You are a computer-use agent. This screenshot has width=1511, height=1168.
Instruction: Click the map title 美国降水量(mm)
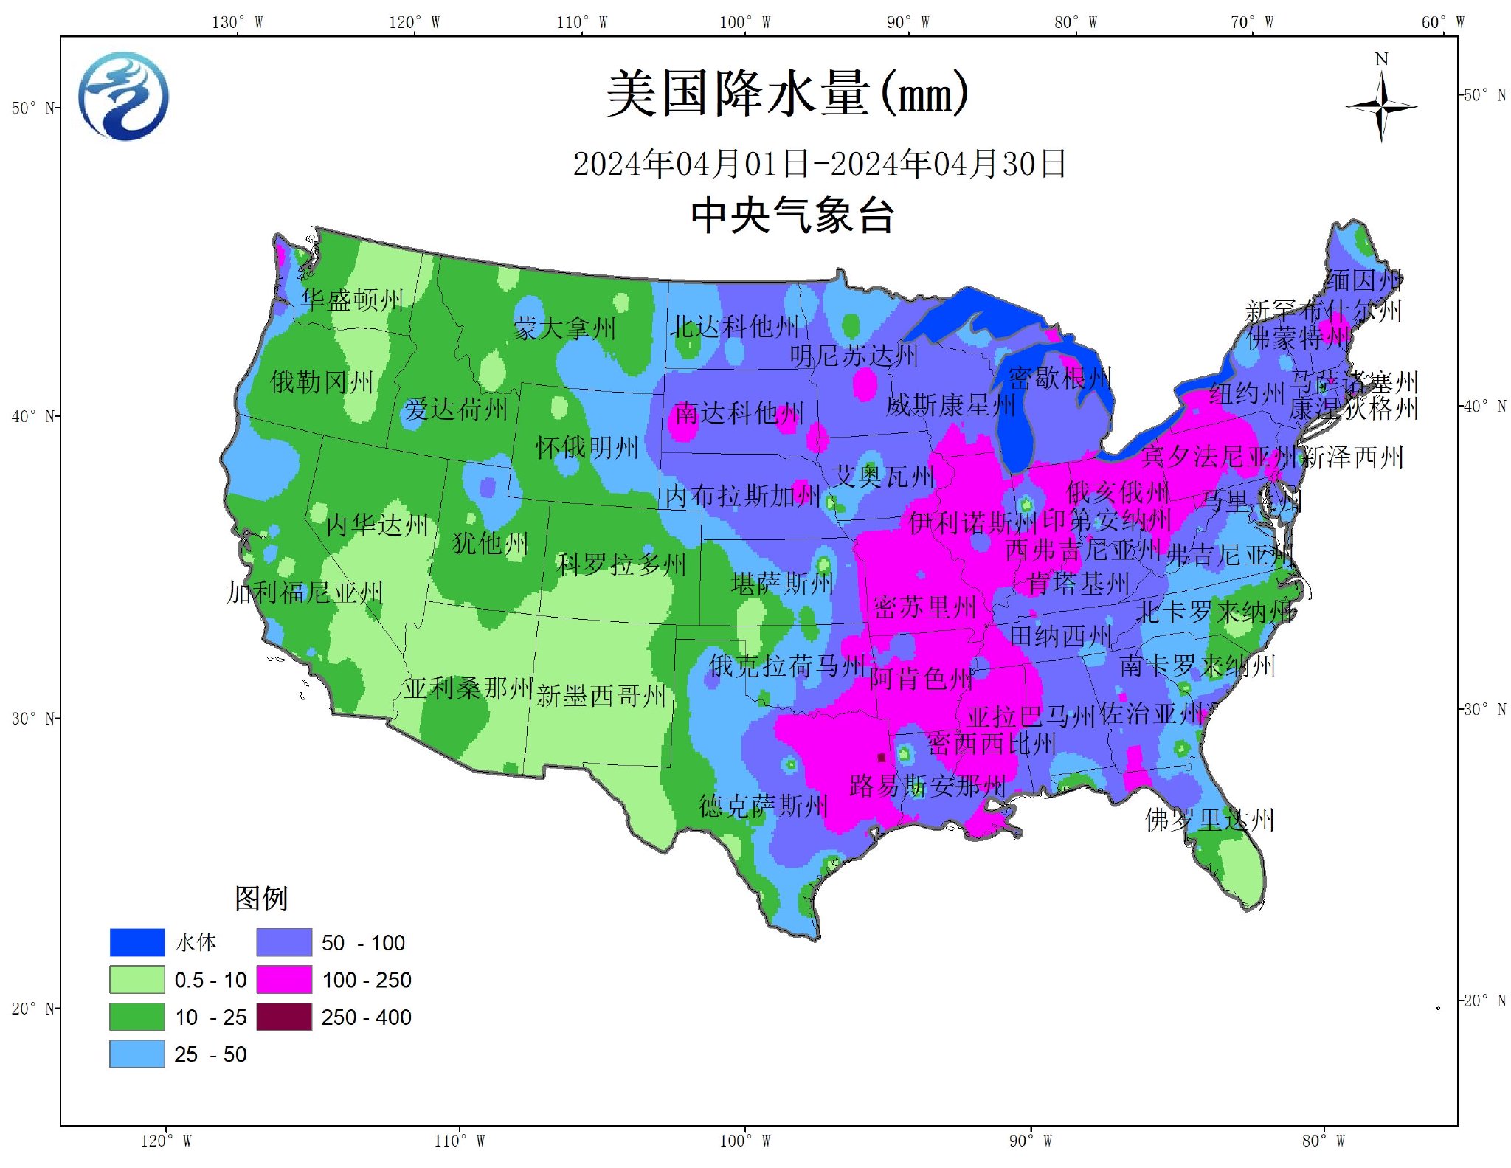787,94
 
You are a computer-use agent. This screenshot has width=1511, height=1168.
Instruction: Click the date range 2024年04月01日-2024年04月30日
819,164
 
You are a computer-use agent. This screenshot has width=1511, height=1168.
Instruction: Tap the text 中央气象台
793,216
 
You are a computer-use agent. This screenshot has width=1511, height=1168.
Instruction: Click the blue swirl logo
123,96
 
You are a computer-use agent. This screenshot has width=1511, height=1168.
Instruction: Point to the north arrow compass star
1381,108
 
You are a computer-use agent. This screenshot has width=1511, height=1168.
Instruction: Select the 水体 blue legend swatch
137,942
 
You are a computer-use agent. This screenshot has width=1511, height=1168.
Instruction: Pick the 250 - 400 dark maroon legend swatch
284,1017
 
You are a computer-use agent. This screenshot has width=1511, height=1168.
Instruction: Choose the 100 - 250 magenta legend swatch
284,980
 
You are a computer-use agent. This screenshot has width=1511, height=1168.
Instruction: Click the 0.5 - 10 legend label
210,981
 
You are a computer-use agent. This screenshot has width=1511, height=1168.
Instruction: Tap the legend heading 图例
260,898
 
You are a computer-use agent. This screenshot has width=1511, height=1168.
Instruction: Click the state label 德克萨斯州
764,806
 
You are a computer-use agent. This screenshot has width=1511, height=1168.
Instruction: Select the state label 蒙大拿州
564,328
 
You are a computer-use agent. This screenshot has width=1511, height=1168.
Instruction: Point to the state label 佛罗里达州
1209,820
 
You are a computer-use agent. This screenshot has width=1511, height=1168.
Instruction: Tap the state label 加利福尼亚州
304,592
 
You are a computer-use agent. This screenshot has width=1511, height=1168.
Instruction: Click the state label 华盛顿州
352,300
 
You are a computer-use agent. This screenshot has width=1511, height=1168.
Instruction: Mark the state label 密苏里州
925,608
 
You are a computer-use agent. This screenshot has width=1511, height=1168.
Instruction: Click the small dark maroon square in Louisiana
881,758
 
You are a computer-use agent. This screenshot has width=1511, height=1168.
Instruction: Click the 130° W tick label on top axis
238,22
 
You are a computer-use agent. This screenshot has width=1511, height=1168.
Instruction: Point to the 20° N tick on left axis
34,1009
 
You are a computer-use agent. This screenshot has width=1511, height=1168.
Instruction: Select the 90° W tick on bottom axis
1030,1141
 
